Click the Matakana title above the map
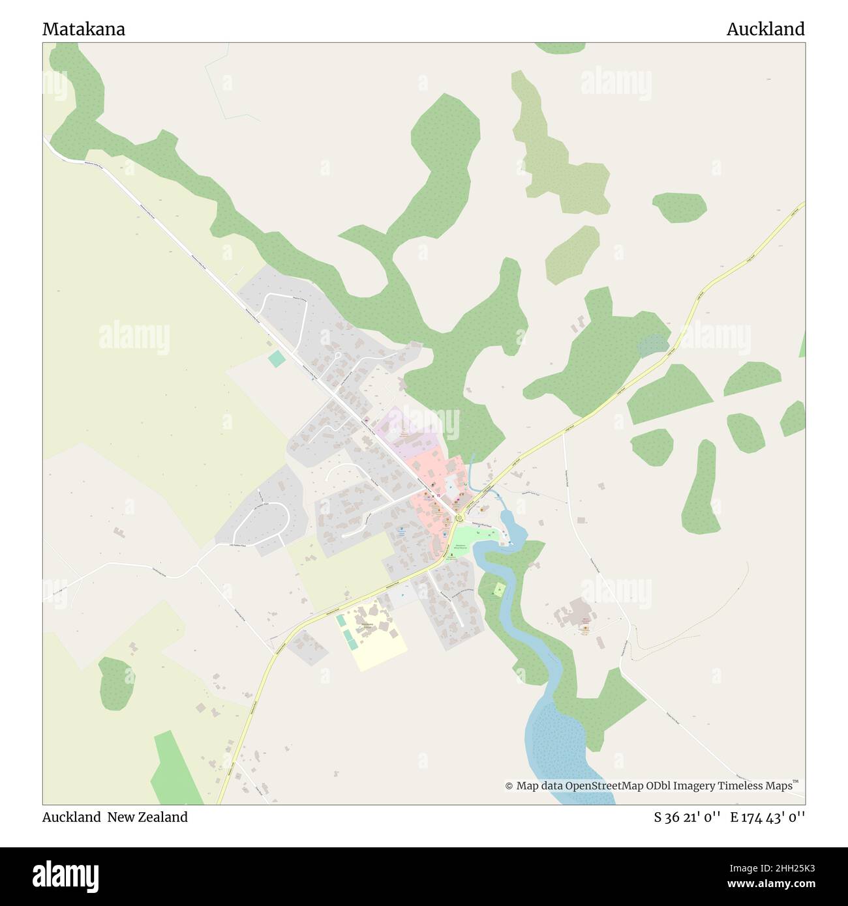pos(83,29)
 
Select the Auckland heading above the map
pos(765,29)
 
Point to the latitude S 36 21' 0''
pos(687,817)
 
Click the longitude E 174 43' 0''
pos(768,817)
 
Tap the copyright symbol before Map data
pos(509,786)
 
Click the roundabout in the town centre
pos(459,519)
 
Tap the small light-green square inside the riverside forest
pos(499,590)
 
